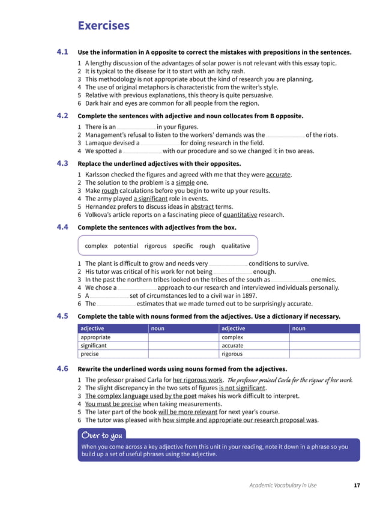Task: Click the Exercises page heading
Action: (x=103, y=25)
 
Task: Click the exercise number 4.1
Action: (x=62, y=52)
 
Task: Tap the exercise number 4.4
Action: (x=62, y=227)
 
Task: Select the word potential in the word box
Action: (x=126, y=245)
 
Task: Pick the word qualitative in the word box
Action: (x=235, y=245)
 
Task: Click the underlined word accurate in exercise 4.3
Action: (x=278, y=175)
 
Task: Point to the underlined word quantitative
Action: (x=240, y=214)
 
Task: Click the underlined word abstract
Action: (x=202, y=206)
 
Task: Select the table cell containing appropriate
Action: (x=113, y=337)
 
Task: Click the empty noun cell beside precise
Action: (x=183, y=354)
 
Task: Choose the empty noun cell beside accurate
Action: (x=324, y=346)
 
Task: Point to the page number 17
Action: (x=357, y=485)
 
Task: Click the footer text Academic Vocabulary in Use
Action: (x=283, y=485)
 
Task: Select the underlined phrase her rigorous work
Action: (x=198, y=380)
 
